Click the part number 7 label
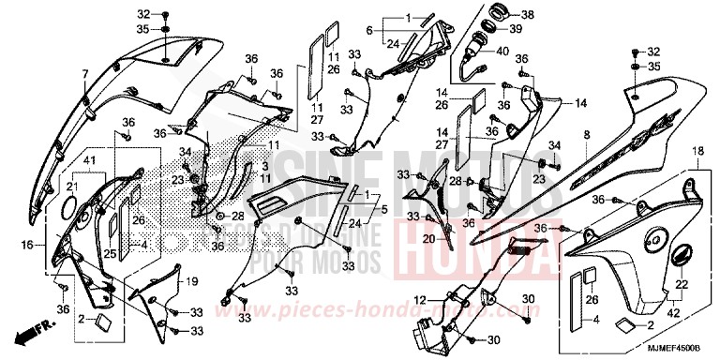[x=83, y=72]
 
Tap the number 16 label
[x=26, y=245]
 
